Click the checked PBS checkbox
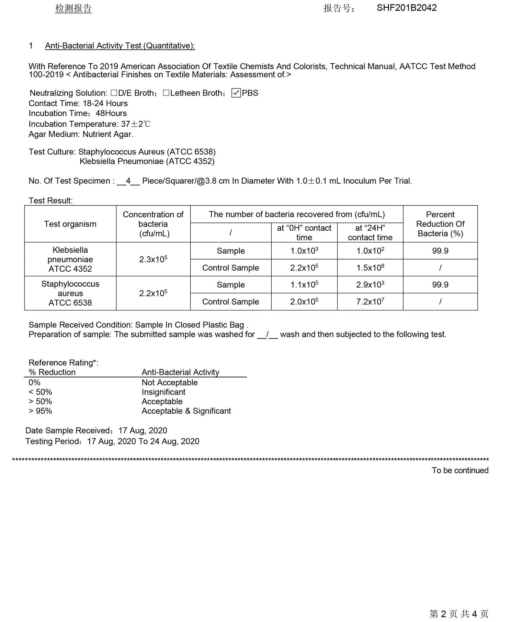coord(236,93)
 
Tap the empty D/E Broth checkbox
coord(114,93)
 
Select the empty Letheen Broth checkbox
coord(166,93)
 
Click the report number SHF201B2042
coord(406,8)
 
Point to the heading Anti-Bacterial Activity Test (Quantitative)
coord(120,46)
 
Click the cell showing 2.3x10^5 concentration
coord(153,259)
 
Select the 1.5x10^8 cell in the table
coord(370,268)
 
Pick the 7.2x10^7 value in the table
coord(370,302)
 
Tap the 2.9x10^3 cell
coord(370,285)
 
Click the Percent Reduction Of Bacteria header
coord(440,224)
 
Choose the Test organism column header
coord(70,224)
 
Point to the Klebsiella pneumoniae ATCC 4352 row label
coord(70,259)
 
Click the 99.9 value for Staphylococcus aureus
coord(440,285)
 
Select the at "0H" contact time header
coord(304,232)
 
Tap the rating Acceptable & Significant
coord(186,411)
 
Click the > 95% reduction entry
coord(40,411)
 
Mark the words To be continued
coord(460,470)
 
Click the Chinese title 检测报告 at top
coord(74,8)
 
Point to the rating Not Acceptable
coord(170,383)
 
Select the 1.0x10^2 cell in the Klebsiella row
coord(370,251)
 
